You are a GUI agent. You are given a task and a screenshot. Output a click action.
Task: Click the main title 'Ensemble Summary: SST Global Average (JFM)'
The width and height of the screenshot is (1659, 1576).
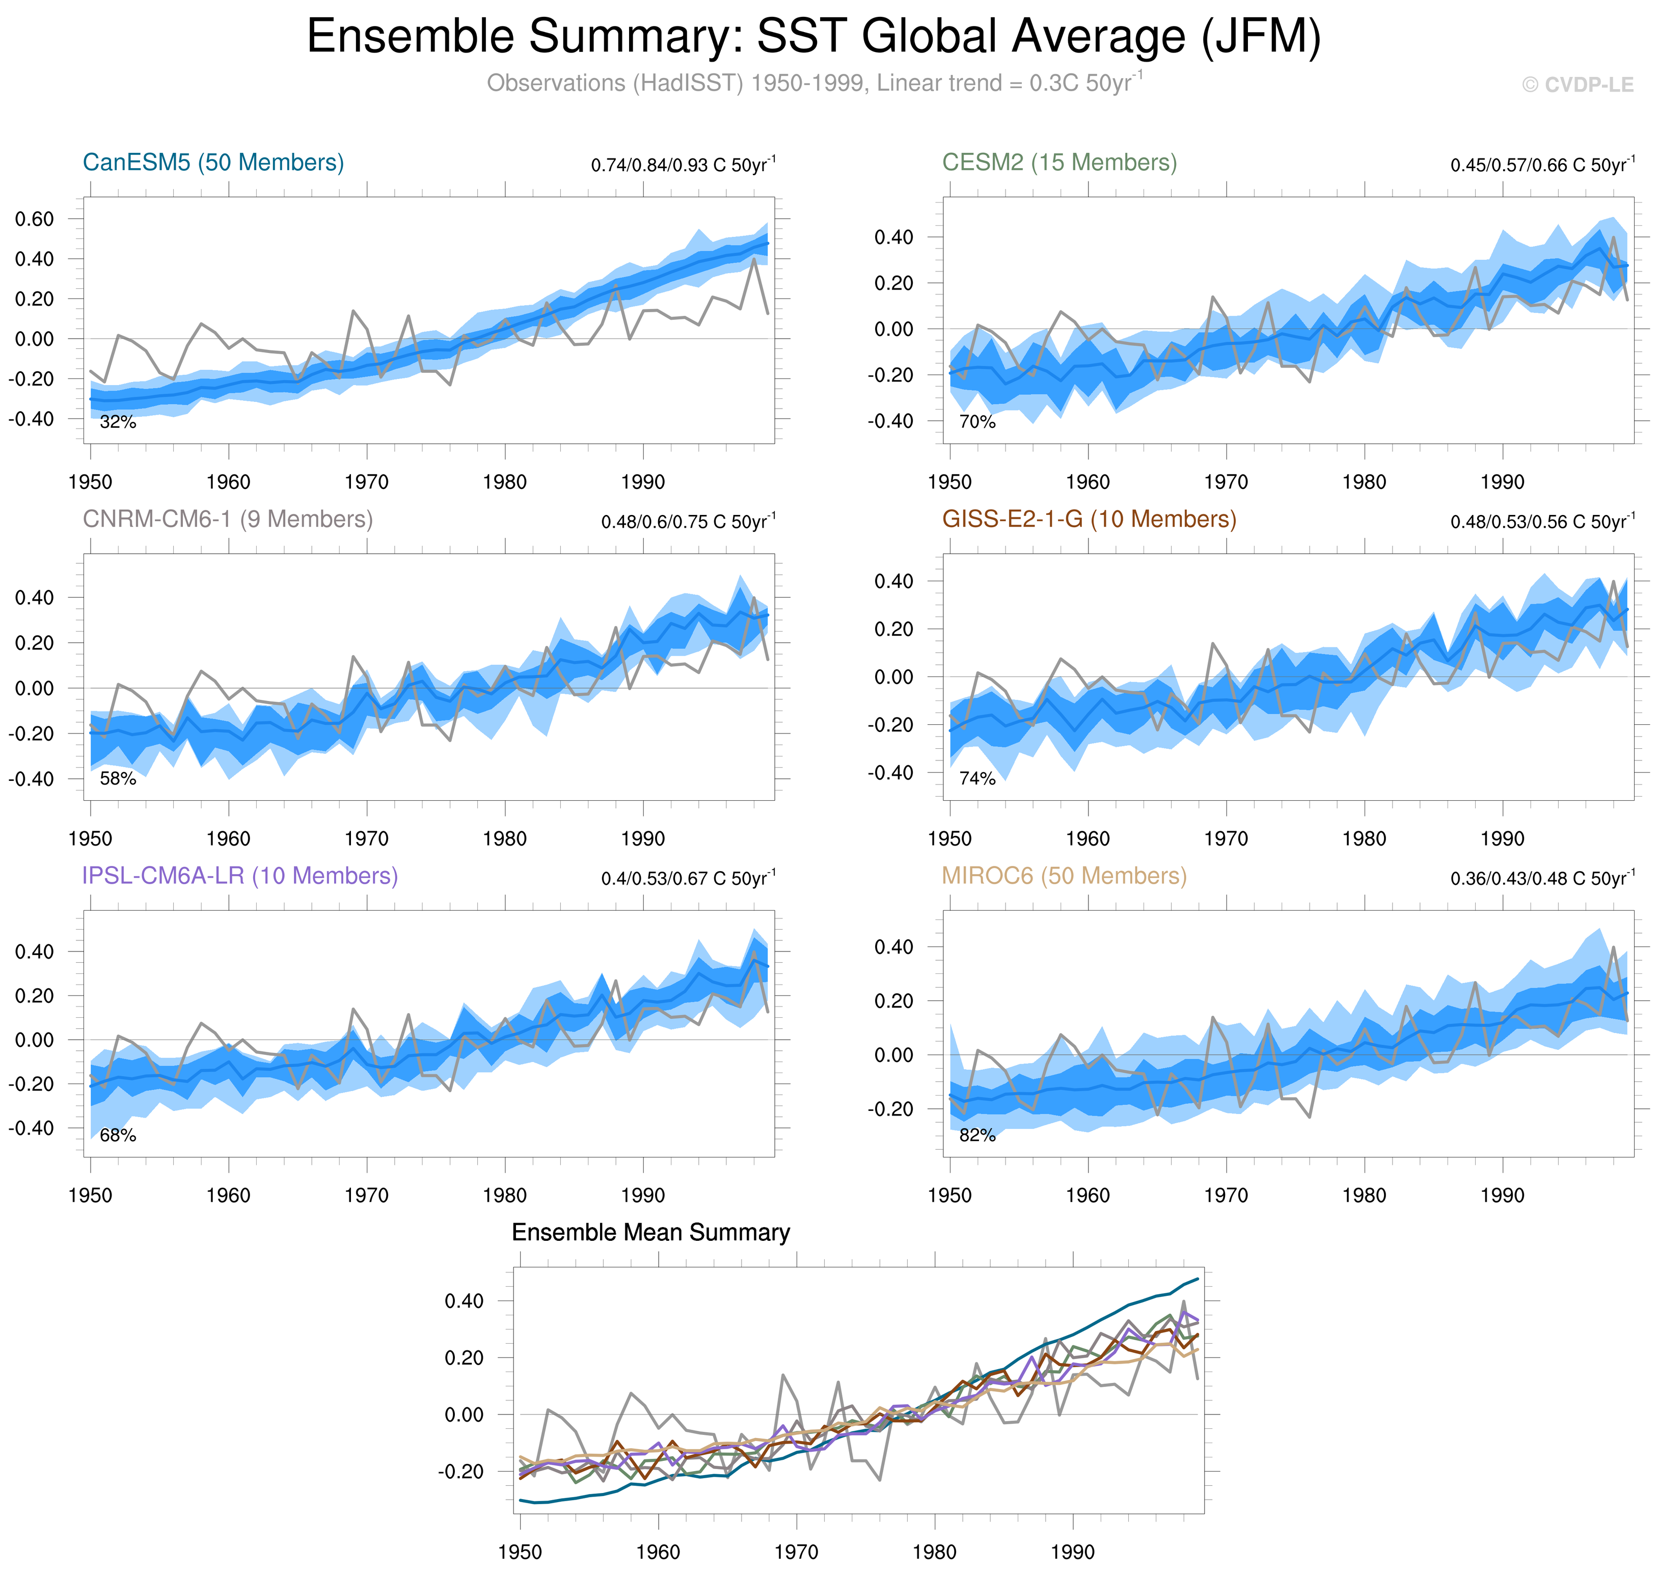[813, 37]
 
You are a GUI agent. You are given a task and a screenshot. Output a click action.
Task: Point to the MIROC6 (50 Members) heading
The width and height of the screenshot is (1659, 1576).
[1064, 876]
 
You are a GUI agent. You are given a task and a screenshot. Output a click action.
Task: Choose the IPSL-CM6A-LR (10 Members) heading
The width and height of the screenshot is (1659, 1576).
[239, 876]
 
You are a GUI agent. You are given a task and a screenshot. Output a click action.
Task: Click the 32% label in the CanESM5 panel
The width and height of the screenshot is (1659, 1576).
[118, 423]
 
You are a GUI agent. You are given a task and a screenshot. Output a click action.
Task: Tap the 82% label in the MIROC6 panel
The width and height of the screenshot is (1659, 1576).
[977, 1136]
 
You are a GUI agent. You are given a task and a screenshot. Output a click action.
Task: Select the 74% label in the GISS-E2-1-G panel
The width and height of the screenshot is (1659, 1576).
[977, 779]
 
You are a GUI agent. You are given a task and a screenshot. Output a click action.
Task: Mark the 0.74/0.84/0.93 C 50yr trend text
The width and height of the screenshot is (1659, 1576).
[683, 165]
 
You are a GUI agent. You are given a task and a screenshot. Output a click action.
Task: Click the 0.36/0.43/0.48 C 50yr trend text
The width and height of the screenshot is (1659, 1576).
[1542, 878]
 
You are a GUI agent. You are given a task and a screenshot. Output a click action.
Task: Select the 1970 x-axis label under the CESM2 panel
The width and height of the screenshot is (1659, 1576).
[1226, 482]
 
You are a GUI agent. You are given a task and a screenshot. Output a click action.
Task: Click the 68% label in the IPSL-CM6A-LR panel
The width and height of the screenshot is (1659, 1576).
[118, 1136]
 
